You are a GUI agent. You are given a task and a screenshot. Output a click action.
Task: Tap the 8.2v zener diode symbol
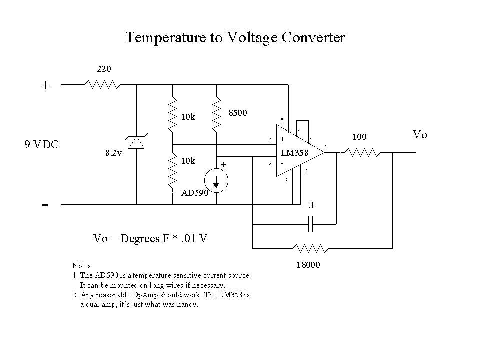(136, 143)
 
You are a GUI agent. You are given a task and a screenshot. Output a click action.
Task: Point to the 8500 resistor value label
(238, 113)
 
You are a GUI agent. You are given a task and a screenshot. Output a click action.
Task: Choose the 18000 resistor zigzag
(311, 248)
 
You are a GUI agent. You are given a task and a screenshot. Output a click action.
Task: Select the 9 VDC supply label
(42, 145)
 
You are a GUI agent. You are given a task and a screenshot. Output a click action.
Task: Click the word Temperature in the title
(162, 38)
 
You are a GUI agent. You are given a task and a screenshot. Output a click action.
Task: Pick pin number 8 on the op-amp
(282, 119)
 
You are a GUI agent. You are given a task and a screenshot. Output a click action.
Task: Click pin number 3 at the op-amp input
(270, 139)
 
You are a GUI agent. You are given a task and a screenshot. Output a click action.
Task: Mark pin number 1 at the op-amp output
(326, 146)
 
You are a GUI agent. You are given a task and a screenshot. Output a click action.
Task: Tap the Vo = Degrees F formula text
(150, 238)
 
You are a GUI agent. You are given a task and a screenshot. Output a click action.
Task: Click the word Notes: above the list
(82, 265)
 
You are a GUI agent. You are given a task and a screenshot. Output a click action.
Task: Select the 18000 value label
(309, 266)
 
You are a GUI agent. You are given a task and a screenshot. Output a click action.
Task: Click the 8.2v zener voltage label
(113, 154)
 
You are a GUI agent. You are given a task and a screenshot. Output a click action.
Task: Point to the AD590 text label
(195, 192)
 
